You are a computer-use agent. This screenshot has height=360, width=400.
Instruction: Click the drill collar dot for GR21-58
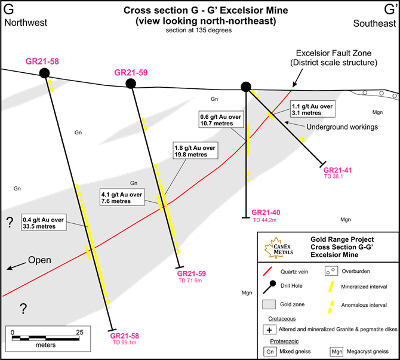click(x=44, y=73)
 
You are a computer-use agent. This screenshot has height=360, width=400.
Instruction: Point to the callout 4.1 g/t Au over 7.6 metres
click(x=122, y=198)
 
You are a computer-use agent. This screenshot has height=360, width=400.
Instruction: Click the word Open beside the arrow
click(x=39, y=260)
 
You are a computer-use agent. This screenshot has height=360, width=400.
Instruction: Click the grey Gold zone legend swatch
click(x=269, y=304)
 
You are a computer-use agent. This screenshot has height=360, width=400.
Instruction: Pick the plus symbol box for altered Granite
click(x=269, y=329)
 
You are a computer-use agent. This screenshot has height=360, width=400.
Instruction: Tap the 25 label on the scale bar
click(x=79, y=332)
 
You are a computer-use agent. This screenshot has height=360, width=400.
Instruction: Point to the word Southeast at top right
click(x=374, y=23)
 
